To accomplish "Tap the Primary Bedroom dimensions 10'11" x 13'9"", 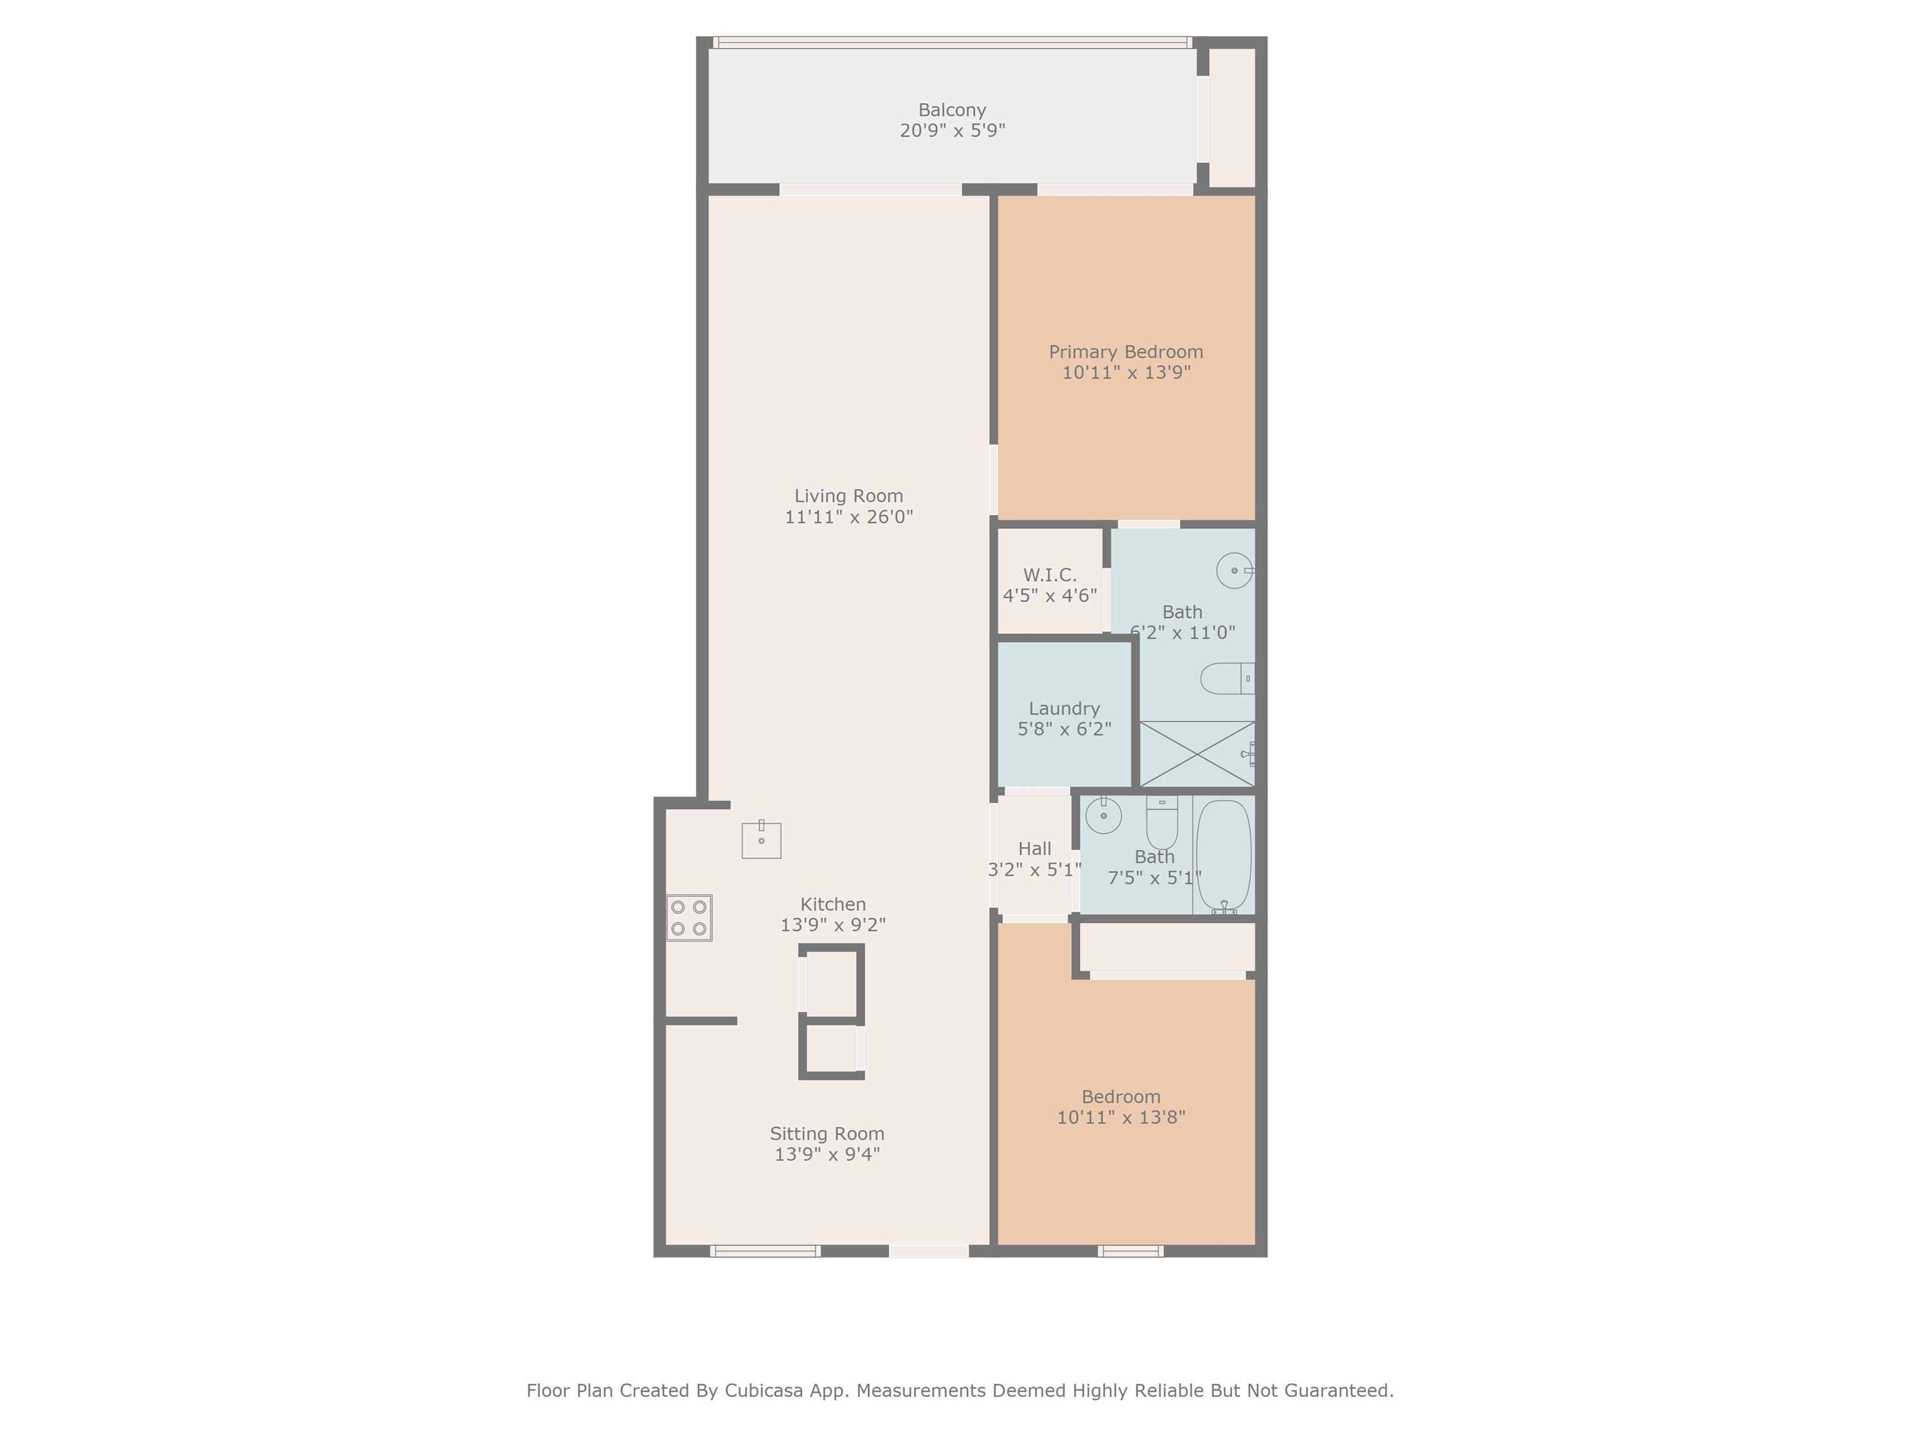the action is [x=1126, y=372].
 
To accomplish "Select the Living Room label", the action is [x=849, y=496].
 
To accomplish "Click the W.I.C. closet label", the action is [x=1049, y=574].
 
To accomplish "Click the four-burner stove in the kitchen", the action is [x=690, y=917].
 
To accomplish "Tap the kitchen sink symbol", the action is [x=761, y=839].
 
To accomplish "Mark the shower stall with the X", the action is [x=1197, y=753].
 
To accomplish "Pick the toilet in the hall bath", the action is [x=1161, y=822].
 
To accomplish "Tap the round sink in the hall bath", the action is [x=1103, y=815].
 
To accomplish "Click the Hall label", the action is [x=1034, y=849].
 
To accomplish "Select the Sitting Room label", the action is [x=827, y=1134].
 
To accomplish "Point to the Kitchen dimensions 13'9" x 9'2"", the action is [x=833, y=925].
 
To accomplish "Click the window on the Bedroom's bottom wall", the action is [x=1131, y=1251].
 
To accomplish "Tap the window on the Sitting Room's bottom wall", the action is [x=765, y=1251].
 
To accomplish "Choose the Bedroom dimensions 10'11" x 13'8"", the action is [x=1121, y=1117].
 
